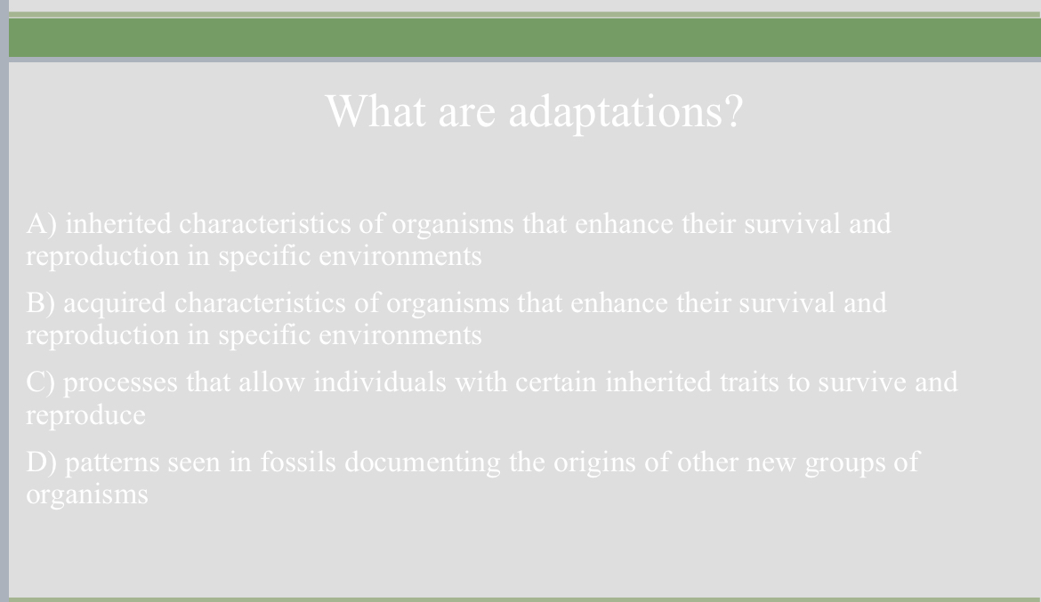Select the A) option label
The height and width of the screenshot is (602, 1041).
[x=42, y=224]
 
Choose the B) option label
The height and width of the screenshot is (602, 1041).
[x=41, y=303]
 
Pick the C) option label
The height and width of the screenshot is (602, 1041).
[x=42, y=382]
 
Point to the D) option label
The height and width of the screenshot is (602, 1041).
[x=42, y=462]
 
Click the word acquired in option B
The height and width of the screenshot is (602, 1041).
[x=114, y=304]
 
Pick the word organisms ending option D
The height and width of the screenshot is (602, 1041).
[x=87, y=494]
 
